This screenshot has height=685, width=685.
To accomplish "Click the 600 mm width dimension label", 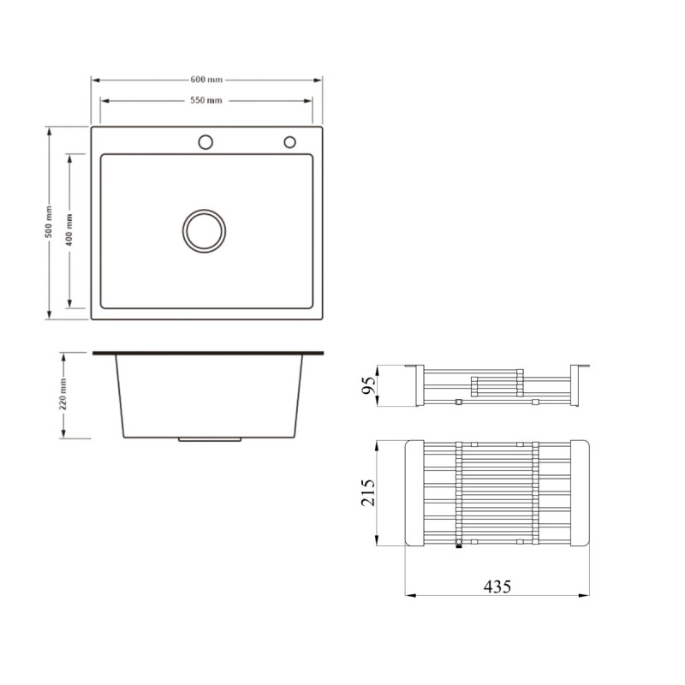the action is pos(206,80).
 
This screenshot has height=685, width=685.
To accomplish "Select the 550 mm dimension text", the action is pos(206,100).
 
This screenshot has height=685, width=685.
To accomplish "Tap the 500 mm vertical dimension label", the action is pos(49,222).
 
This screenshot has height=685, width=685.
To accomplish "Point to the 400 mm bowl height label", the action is pos(69,230).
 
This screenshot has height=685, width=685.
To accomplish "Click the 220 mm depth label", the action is pos(63,395).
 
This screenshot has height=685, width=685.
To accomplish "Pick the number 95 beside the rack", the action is pos(369,385).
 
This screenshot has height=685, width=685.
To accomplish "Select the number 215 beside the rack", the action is pos(368,493).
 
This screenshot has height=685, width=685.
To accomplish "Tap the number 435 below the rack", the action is pos(497,587).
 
